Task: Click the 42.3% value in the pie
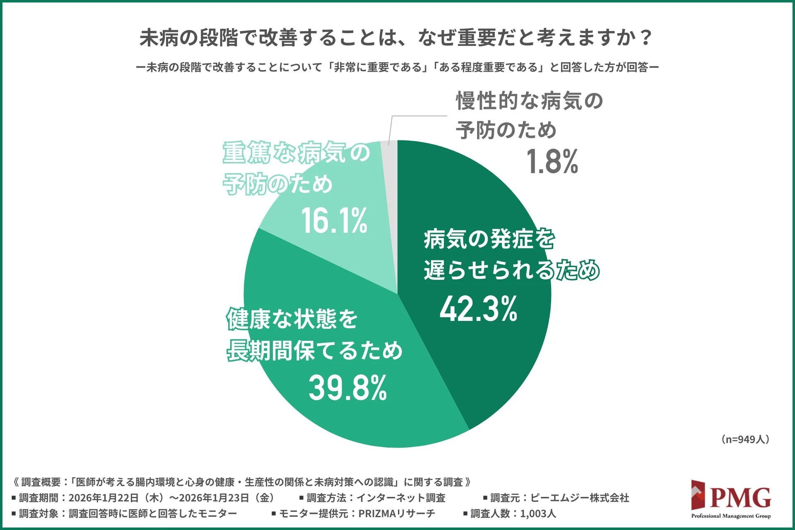pyautogui.click(x=478, y=309)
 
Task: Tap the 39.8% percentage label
pyautogui.click(x=348, y=388)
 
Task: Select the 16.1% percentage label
pyautogui.click(x=334, y=221)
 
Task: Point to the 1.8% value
pyautogui.click(x=552, y=162)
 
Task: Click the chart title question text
pyautogui.click(x=396, y=38)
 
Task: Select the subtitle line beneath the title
pyautogui.click(x=397, y=67)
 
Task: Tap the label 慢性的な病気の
pyautogui.click(x=529, y=101)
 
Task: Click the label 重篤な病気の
pyautogui.click(x=296, y=153)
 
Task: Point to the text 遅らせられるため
pyautogui.click(x=511, y=270)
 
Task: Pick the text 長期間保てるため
pyautogui.click(x=315, y=351)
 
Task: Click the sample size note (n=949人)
pyautogui.click(x=744, y=439)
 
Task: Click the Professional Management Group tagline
pyautogui.click(x=731, y=516)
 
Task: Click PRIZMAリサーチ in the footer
pyautogui.click(x=397, y=514)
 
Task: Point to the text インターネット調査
pyautogui.click(x=400, y=498)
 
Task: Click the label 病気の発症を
pyautogui.click(x=489, y=239)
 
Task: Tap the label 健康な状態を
pyautogui.click(x=292, y=319)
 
